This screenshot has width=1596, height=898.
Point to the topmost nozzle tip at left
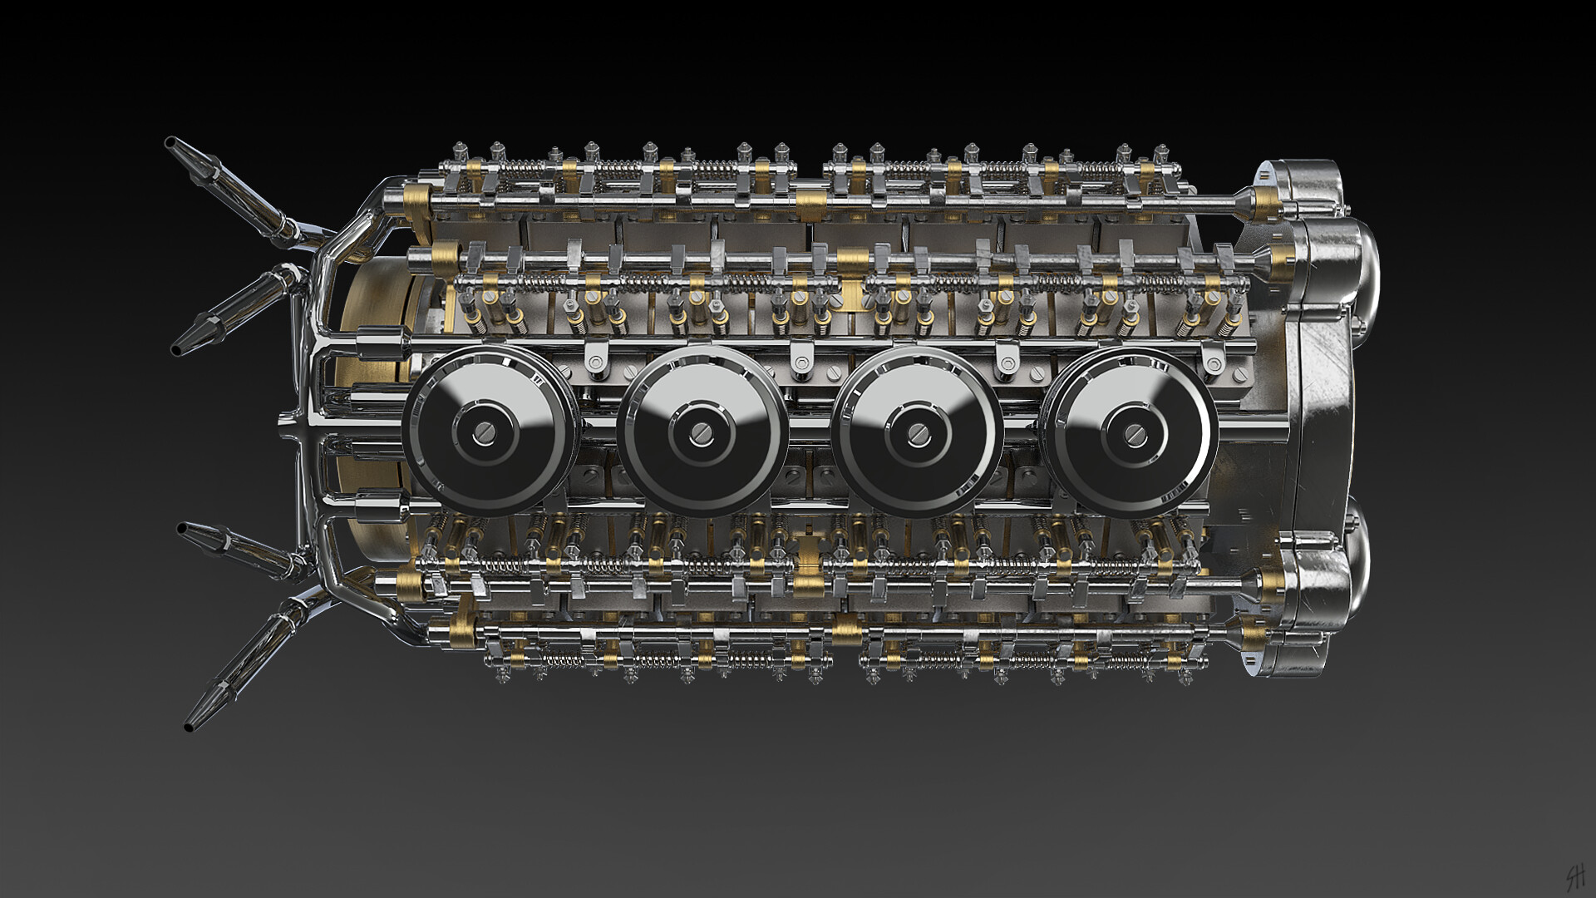tap(172, 143)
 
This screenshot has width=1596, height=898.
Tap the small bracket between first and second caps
tap(595, 361)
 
